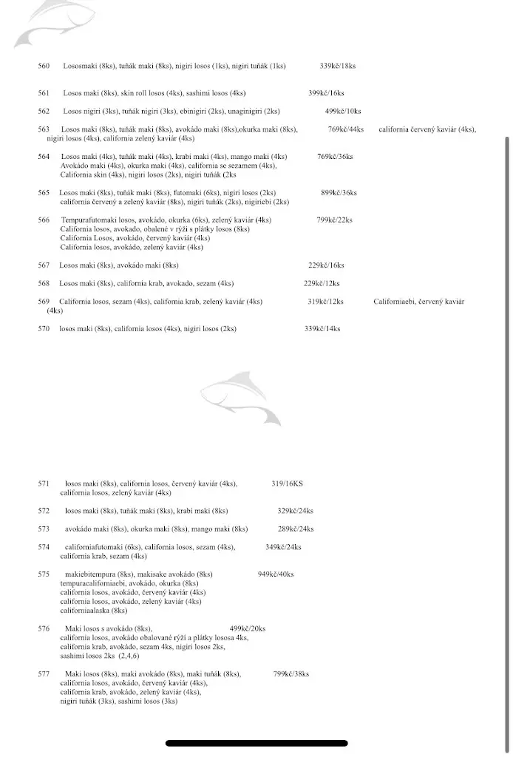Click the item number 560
tap(44, 66)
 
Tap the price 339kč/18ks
tap(337, 66)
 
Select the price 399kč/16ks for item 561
tap(326, 93)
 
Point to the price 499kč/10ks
tap(343, 111)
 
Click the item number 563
tap(44, 129)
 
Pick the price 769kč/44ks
tap(346, 129)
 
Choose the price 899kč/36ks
tap(339, 192)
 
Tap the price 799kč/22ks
tap(334, 220)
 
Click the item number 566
tap(44, 220)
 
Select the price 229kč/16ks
tap(325, 265)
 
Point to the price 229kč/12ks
tap(322, 283)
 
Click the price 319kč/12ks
tap(325, 301)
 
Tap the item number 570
tap(44, 328)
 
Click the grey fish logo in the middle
tap(240, 398)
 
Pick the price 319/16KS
tap(287, 483)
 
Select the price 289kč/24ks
tap(296, 529)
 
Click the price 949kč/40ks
tap(276, 574)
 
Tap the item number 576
tap(44, 628)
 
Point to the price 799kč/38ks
tap(291, 673)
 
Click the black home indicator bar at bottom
tap(256, 743)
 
